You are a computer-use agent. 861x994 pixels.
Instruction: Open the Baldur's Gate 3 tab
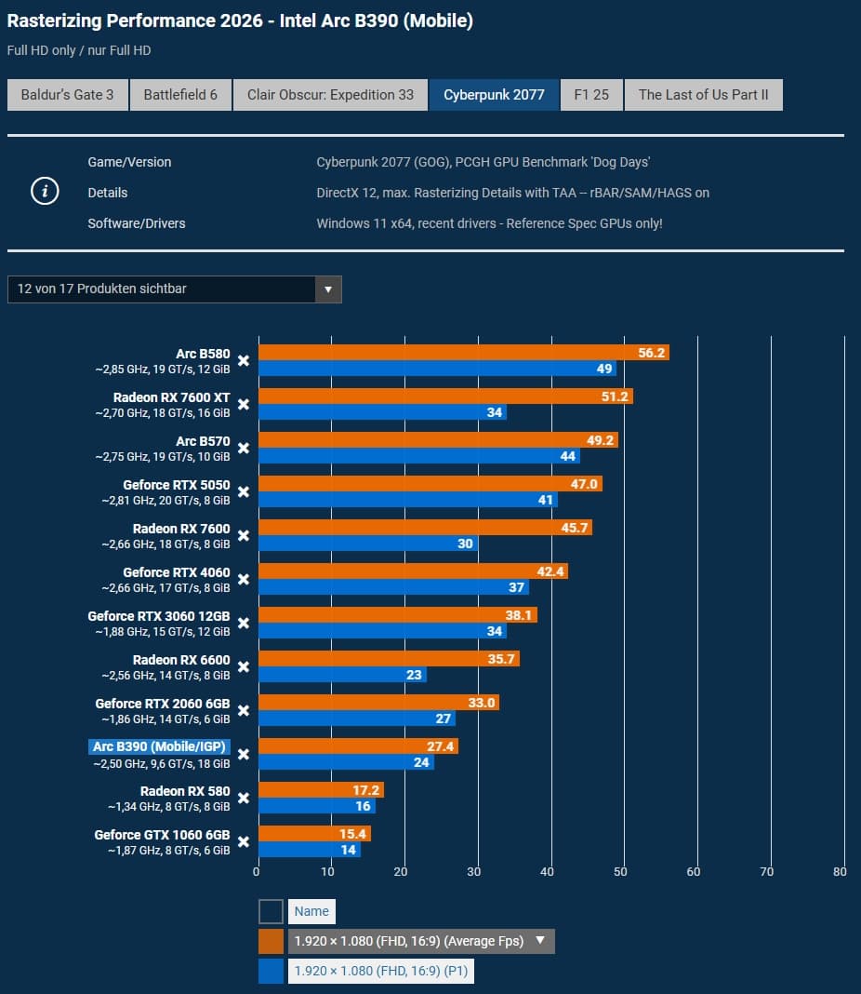pos(67,95)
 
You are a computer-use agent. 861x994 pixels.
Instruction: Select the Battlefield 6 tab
pos(180,95)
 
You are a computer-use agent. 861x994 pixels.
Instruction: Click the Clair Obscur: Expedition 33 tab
pos(330,95)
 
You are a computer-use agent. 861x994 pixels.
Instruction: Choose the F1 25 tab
pos(591,95)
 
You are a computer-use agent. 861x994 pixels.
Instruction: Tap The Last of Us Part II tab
pos(703,95)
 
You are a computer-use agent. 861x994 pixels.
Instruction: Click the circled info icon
pos(45,192)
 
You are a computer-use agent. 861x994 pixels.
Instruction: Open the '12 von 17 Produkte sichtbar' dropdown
pos(174,289)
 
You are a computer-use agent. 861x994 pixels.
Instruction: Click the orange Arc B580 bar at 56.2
pos(463,353)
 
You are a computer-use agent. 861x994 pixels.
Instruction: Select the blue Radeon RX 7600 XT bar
pos(381,412)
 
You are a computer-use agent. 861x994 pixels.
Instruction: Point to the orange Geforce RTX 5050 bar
pos(430,484)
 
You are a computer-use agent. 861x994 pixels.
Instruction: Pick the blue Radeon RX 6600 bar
pos(341,675)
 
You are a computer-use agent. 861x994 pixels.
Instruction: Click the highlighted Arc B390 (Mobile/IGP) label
pos(159,746)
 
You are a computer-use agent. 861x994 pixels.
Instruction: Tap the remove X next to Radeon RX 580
pos(244,798)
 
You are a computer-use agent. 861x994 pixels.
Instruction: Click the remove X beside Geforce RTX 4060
pos(244,579)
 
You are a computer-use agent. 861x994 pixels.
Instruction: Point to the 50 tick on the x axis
pos(620,872)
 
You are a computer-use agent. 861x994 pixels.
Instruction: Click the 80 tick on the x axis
pos(840,872)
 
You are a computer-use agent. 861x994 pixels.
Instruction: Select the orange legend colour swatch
pos(271,941)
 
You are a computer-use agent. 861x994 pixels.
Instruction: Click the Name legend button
pos(311,911)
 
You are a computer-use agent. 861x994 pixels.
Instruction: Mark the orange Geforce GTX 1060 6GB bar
pos(313,834)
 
